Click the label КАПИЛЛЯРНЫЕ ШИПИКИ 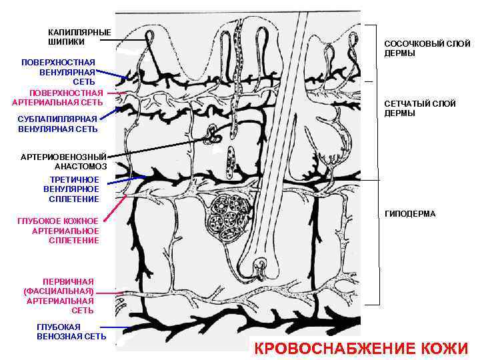pos(79,37)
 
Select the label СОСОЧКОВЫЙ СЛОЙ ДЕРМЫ pos(427,48)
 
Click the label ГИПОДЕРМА pos(410,214)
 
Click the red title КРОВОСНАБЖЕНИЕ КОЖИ pos(362,348)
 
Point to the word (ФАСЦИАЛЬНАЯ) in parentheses pos(59,291)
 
